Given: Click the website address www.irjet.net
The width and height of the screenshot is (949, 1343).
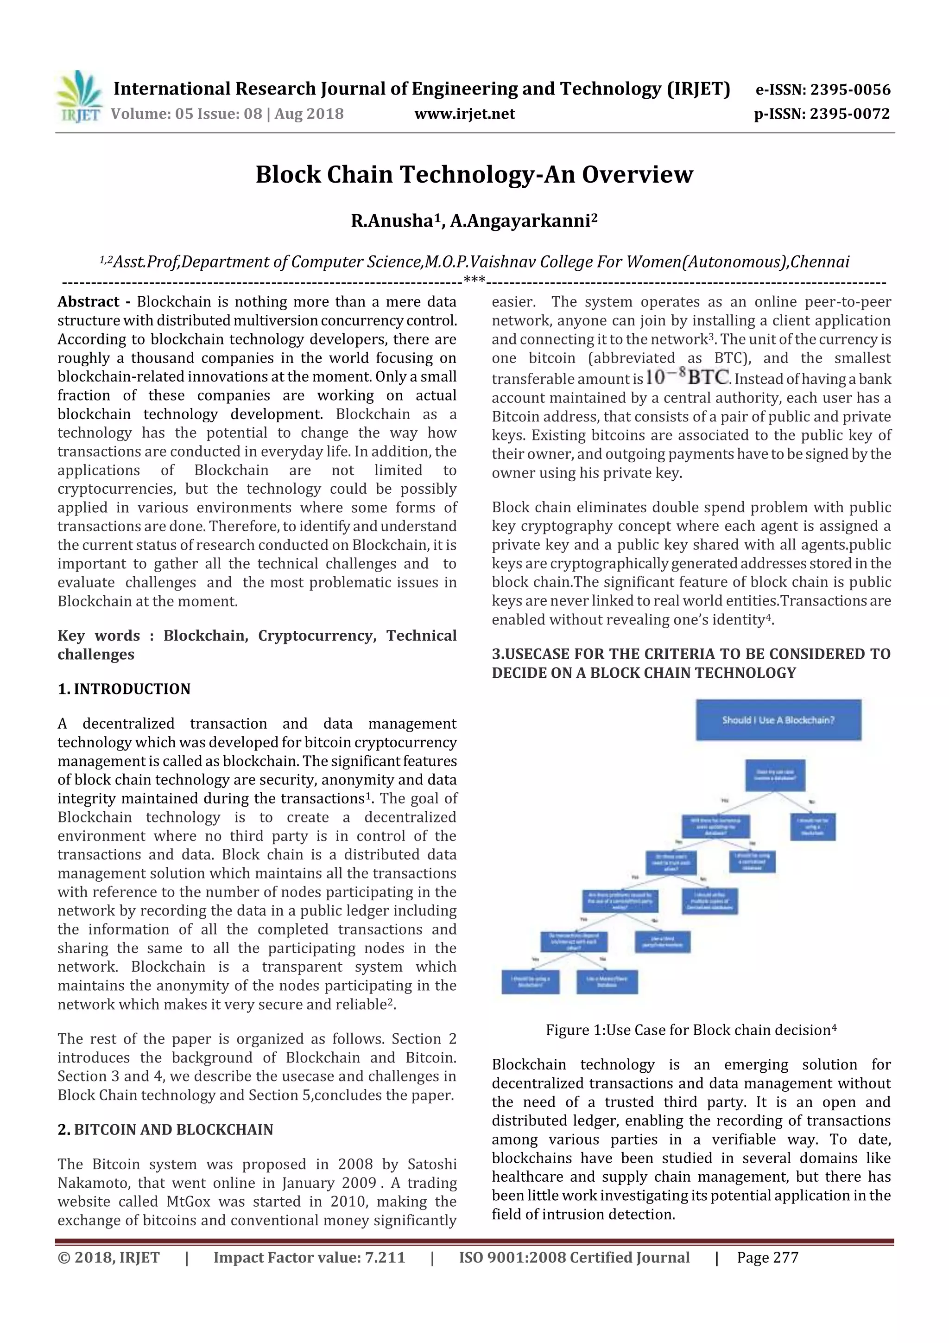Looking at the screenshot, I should [464, 114].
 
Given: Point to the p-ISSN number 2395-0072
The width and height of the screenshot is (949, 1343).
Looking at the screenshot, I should [849, 114].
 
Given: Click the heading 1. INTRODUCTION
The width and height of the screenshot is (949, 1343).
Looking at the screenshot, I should [124, 689].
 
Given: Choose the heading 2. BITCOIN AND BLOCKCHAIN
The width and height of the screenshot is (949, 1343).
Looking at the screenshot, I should [165, 1129].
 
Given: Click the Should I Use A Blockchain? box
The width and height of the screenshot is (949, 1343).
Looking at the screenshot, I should [778, 720].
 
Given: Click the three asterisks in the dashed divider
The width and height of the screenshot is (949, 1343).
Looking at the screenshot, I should [474, 282].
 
